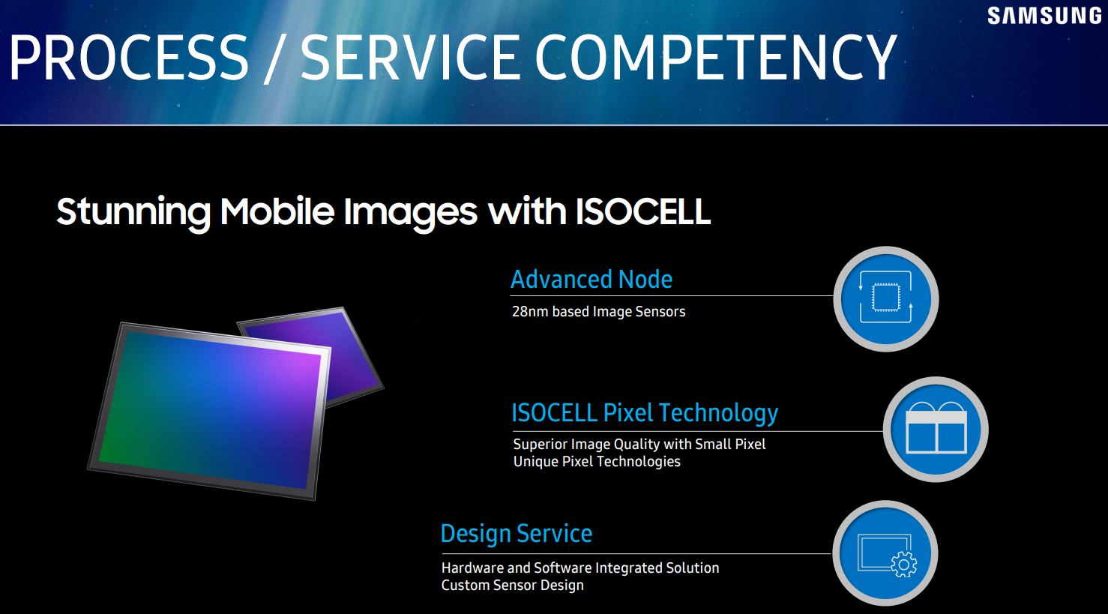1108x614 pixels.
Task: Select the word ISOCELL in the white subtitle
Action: tap(642, 212)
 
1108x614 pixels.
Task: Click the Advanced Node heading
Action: tap(591, 280)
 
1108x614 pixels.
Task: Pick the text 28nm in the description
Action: tap(529, 312)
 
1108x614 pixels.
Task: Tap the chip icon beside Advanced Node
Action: tap(885, 298)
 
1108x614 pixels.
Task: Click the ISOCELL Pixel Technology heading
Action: tap(644, 413)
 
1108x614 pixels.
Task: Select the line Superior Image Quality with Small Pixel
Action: tap(639, 445)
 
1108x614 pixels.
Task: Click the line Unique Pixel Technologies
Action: tap(596, 462)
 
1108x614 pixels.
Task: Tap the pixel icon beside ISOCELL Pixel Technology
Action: tap(935, 429)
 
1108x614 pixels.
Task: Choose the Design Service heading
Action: tap(516, 534)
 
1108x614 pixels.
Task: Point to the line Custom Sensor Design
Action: tap(512, 586)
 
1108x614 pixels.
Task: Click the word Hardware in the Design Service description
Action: tap(472, 568)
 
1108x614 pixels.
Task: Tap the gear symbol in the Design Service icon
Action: tap(903, 565)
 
